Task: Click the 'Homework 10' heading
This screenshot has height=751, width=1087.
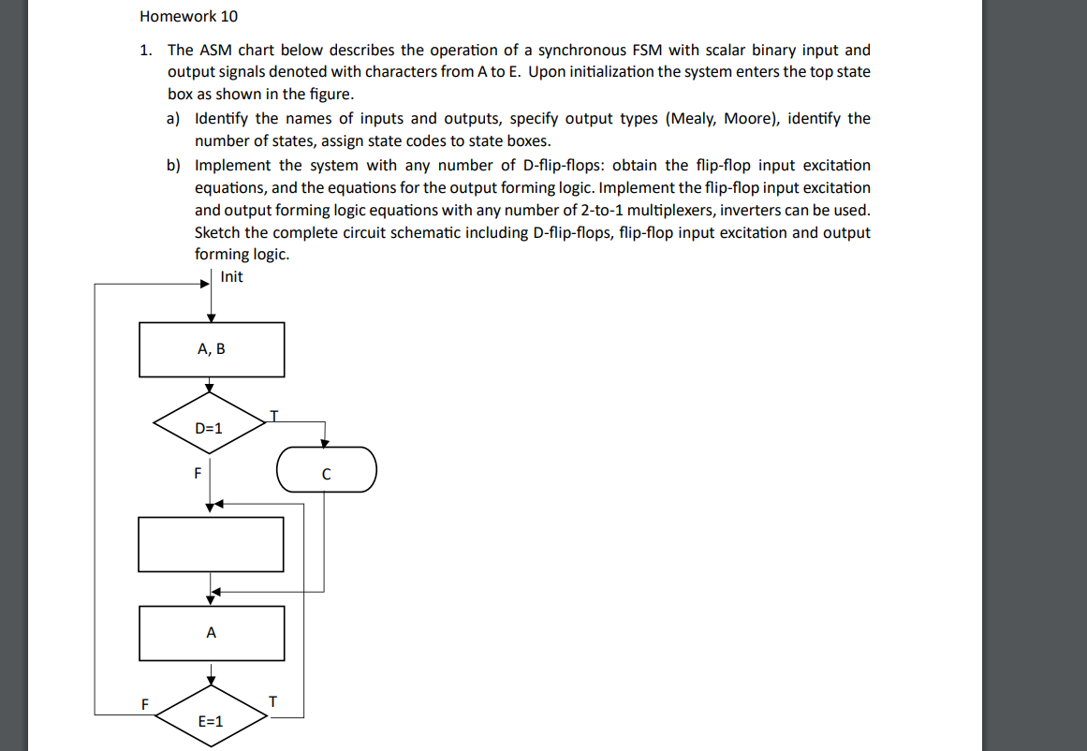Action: coord(182,16)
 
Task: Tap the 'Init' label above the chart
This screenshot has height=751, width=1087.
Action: coord(231,276)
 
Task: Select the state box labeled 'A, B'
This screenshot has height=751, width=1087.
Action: coord(212,349)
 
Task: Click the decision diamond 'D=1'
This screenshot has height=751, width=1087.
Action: coord(210,428)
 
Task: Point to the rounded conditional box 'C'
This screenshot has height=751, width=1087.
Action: coord(326,472)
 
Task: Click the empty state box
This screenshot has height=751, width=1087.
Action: coord(211,544)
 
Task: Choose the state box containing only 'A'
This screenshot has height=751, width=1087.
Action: coord(212,633)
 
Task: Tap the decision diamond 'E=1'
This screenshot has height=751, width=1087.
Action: coord(211,720)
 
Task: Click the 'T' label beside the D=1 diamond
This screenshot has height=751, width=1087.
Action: coord(273,413)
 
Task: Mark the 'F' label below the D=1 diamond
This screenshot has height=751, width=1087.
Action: coord(197,472)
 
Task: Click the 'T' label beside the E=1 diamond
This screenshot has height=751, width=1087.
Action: coord(272,701)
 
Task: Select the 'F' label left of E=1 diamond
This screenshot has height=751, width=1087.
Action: coord(144,702)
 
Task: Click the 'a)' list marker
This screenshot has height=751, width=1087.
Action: coord(174,118)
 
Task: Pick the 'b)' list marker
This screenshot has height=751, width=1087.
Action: coord(174,165)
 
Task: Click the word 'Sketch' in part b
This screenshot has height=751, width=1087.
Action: coord(217,232)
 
